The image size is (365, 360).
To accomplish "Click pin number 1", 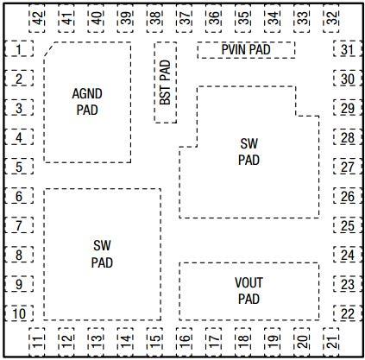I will [x=18, y=50].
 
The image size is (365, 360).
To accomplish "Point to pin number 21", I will [x=332, y=339].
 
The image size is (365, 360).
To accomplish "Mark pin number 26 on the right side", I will [x=347, y=196].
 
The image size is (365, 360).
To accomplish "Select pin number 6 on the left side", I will [x=18, y=197].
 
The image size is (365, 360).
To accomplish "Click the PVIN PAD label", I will [x=246, y=50].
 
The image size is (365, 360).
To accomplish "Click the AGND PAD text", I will [x=86, y=101].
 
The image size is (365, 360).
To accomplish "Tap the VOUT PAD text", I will [x=249, y=291].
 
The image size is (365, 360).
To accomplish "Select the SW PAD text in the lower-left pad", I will [x=102, y=254].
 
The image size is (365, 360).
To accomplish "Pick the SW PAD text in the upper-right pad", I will [x=249, y=151].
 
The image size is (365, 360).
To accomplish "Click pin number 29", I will [x=347, y=109].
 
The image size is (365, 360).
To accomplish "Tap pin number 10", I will [x=18, y=313].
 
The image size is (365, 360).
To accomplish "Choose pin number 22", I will [x=347, y=313].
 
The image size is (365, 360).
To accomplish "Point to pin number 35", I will [x=244, y=17].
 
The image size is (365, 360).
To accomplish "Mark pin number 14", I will [x=125, y=339].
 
